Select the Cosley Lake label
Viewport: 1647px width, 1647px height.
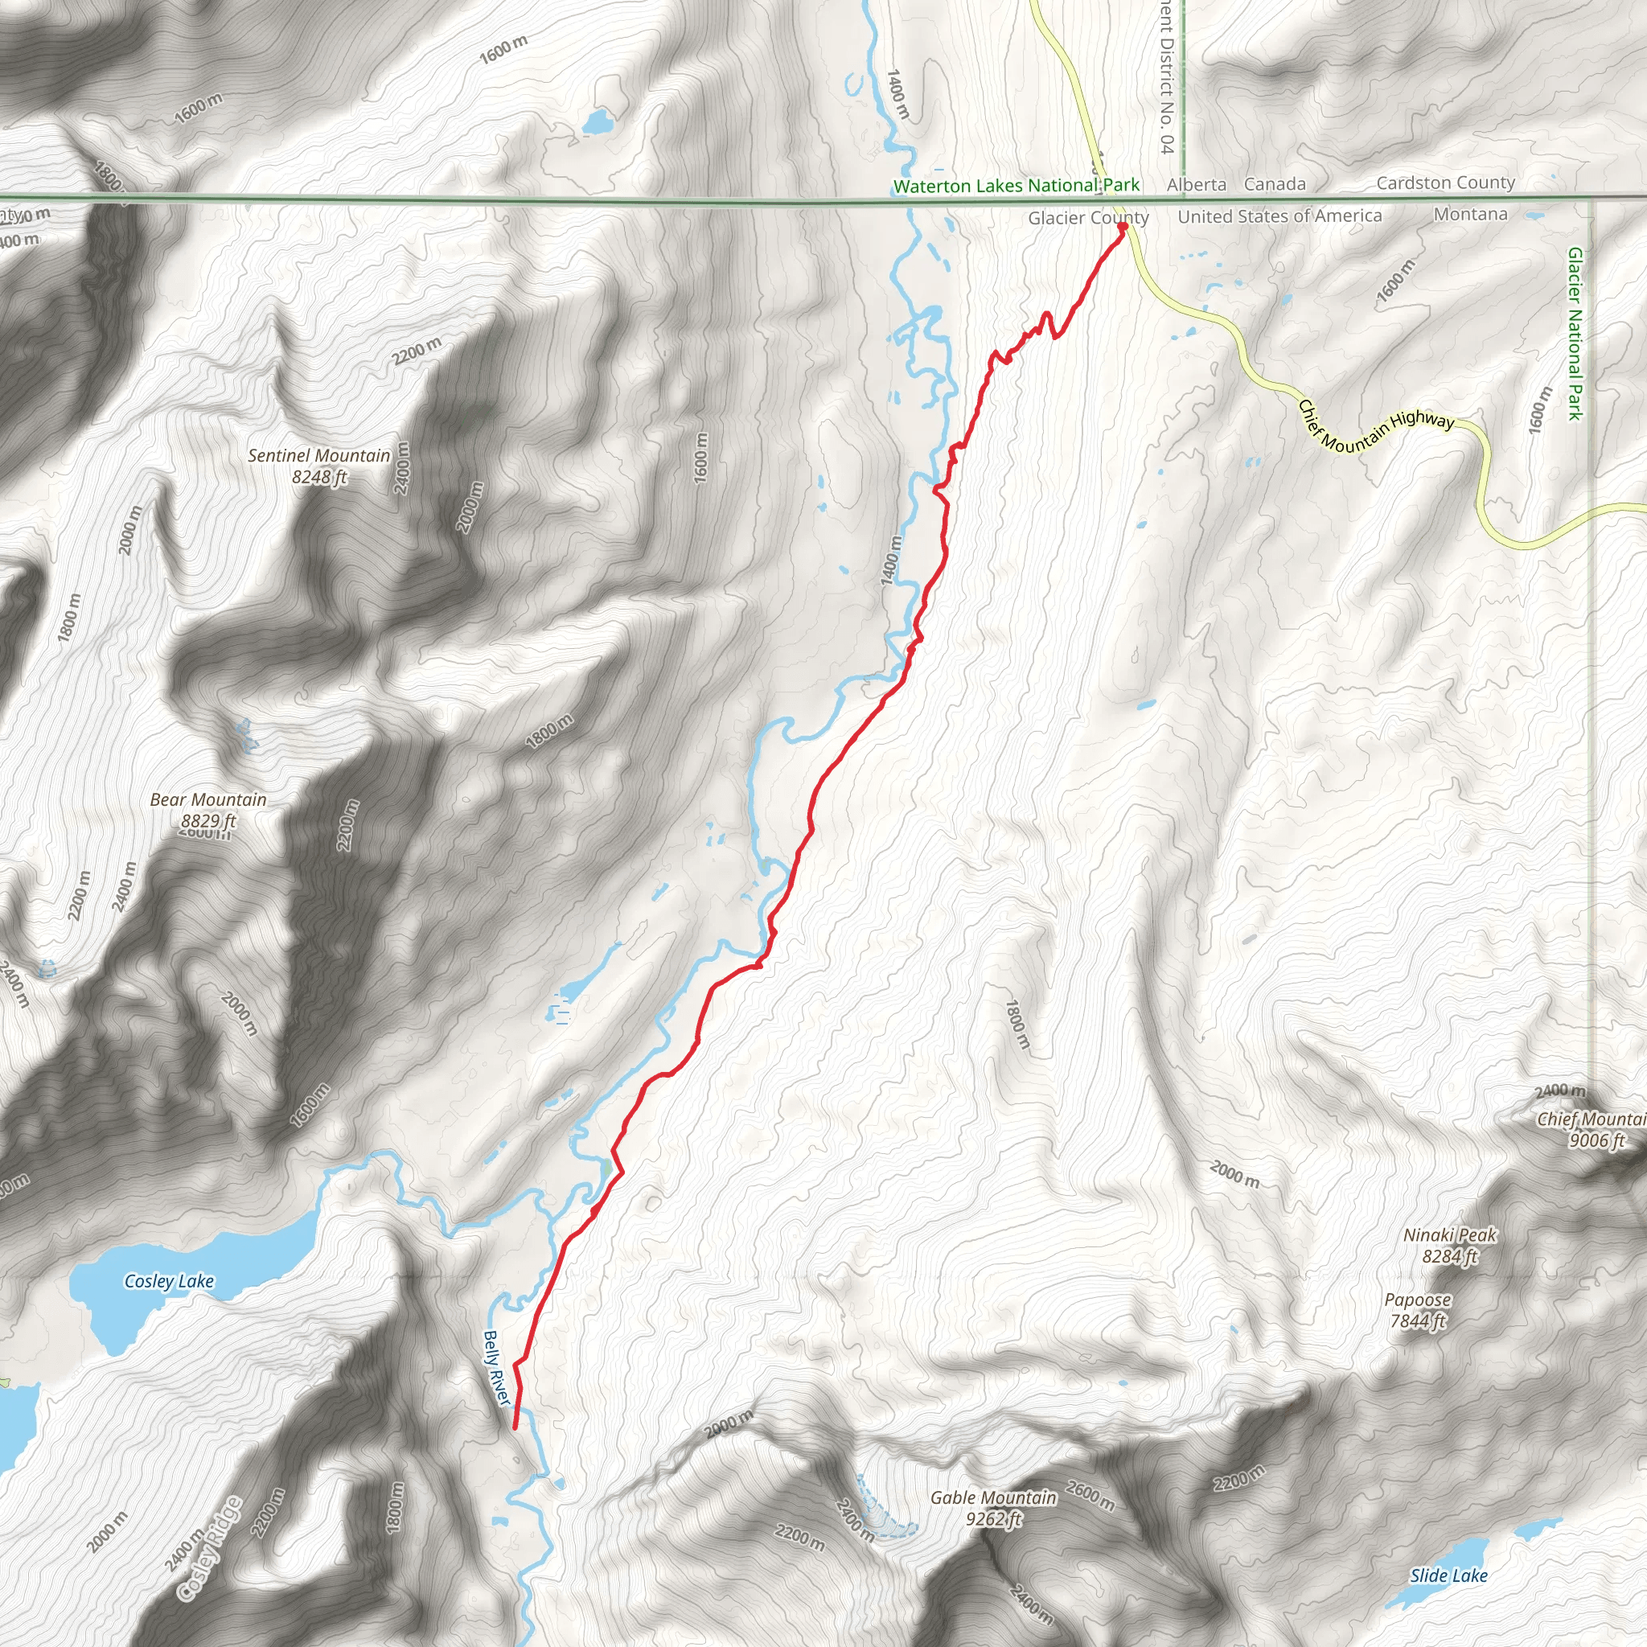click(169, 1280)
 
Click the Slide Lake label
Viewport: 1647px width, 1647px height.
click(1448, 1575)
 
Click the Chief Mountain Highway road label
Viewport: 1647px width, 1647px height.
click(1374, 426)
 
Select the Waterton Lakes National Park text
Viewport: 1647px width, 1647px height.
click(1016, 185)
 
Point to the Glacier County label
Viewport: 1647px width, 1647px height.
click(1088, 217)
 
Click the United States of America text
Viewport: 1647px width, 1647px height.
click(1279, 216)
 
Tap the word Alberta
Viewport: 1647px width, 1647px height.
click(1196, 184)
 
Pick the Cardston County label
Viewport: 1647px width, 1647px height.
click(1445, 183)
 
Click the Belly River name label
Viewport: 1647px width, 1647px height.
click(496, 1367)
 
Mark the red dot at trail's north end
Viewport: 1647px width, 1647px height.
click(1123, 227)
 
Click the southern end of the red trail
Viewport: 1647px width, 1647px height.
click(515, 1426)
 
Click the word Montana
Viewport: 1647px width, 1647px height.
click(1470, 214)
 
